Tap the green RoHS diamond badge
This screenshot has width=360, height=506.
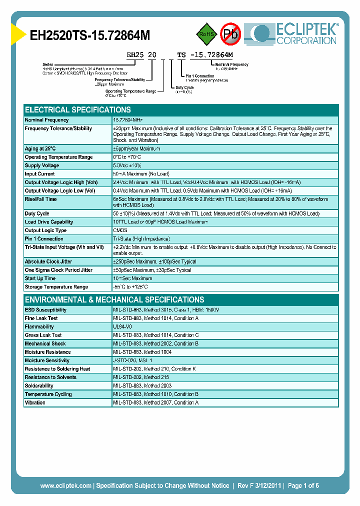205,34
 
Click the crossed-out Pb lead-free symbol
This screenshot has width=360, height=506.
230,34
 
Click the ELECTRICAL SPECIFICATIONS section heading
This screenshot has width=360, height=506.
78,109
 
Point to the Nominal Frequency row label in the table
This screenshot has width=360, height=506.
47,120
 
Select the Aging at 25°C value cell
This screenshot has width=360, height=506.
136,148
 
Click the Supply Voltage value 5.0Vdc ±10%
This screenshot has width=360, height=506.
127,165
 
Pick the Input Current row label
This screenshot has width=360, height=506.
40,174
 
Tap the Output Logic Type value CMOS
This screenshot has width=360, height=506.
120,230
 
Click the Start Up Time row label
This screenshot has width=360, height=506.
40,278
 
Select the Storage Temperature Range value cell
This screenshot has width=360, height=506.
130,287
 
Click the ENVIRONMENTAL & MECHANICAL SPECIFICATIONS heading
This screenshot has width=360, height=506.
114,299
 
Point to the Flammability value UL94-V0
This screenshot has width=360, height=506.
123,326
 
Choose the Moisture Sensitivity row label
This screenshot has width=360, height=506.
47,360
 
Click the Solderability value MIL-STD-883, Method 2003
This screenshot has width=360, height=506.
143,386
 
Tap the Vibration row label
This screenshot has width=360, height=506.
35,403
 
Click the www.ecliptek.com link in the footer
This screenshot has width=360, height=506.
65,485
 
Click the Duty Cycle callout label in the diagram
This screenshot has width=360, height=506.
184,87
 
